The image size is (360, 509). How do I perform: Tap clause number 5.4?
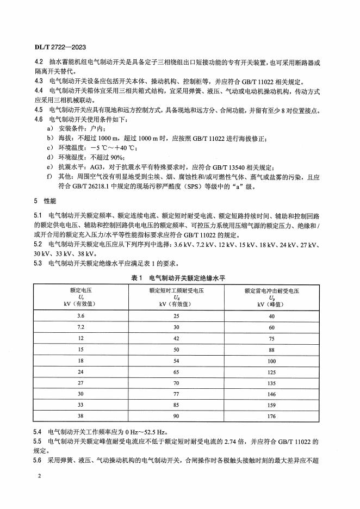[39, 431]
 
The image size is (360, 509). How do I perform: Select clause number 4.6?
[39, 119]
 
